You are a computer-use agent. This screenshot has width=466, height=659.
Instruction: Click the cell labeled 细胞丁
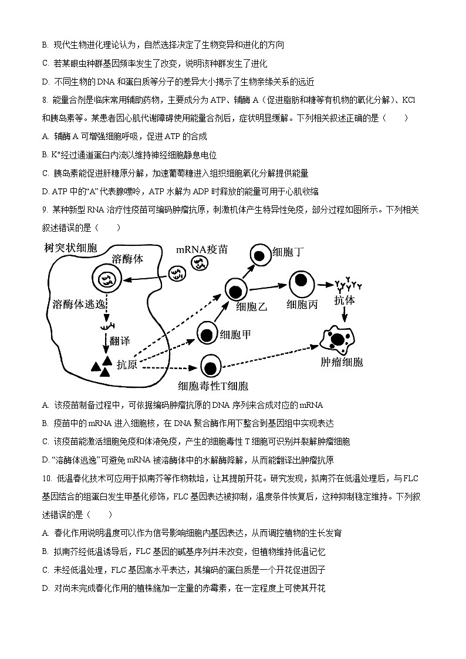point(259,254)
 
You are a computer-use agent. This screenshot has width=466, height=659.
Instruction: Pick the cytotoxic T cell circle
point(210,367)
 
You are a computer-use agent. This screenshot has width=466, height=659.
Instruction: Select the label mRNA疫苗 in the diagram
point(202,249)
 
